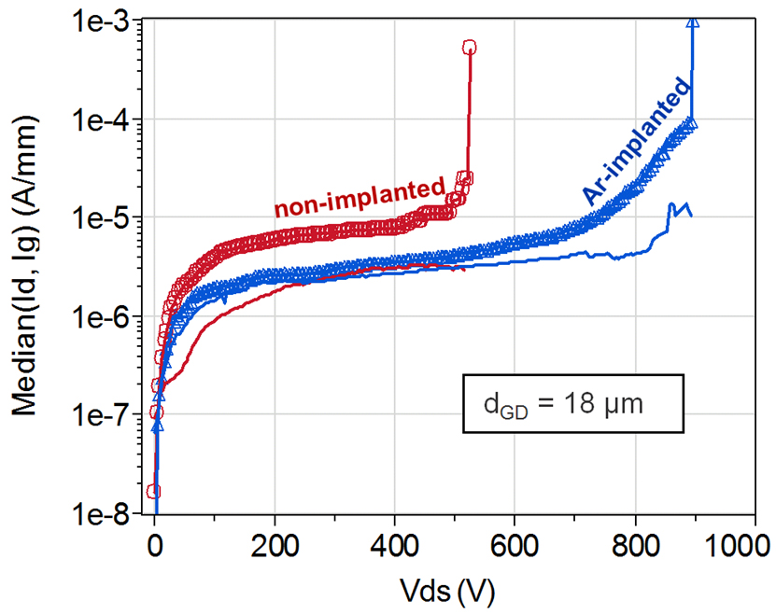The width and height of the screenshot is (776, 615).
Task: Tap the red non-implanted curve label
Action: click(359, 196)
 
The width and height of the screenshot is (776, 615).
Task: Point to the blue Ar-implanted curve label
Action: click(638, 142)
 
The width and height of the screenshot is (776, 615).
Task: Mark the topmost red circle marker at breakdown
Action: click(470, 47)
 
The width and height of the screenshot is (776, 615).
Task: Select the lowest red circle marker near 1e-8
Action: click(153, 491)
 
